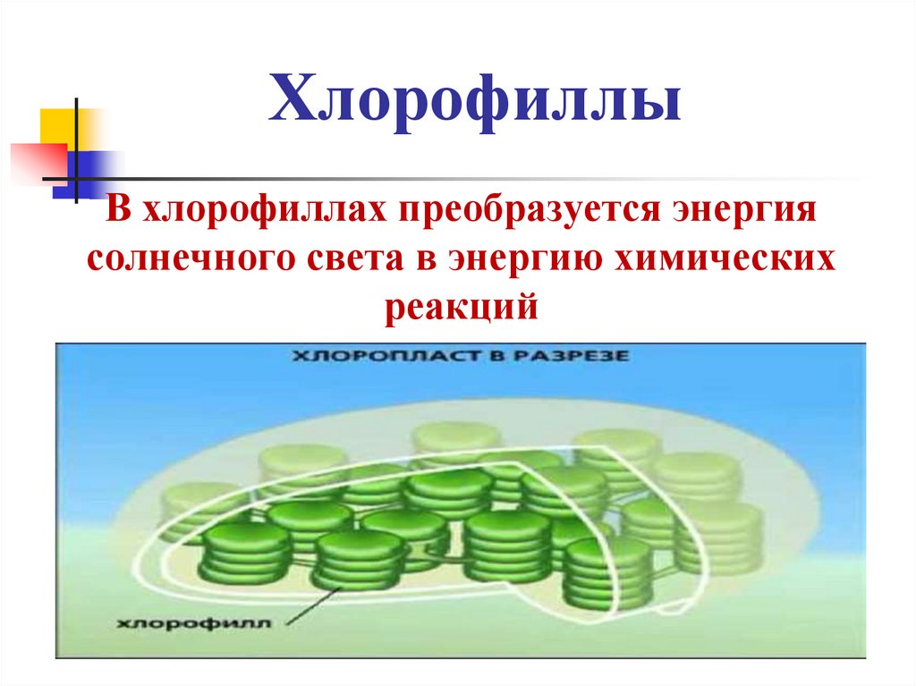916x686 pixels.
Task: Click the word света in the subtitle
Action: (346, 260)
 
